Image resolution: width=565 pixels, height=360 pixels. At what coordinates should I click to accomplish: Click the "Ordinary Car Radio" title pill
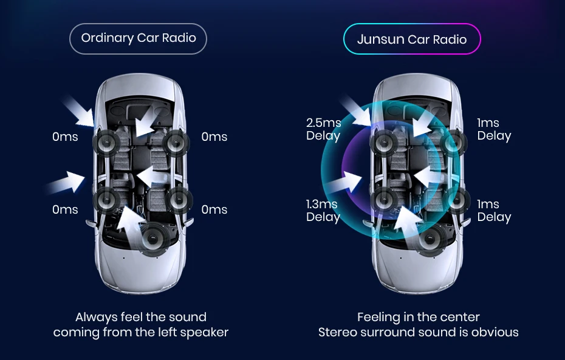coord(139,38)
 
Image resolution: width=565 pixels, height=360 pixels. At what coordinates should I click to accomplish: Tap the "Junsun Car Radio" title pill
coord(412,40)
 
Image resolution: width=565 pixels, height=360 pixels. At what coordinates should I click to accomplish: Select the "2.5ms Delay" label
coord(323,129)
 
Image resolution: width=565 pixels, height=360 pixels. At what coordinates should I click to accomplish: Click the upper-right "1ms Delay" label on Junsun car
coord(494,129)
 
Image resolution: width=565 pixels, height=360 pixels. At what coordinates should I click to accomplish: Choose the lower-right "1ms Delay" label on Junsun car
coord(494,211)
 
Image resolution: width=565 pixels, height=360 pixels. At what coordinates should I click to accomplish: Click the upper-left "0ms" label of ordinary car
coord(65,137)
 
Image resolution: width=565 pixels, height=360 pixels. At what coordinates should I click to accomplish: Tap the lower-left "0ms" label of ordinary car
coord(65,210)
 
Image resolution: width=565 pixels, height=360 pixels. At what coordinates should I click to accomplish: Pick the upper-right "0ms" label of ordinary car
coord(214,137)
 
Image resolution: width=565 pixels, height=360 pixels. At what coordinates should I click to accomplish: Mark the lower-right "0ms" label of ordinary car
coord(214,210)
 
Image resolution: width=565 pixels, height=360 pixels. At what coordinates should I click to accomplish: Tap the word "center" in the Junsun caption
coord(461,318)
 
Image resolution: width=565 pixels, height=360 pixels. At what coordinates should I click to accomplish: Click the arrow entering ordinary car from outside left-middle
coord(66,181)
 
